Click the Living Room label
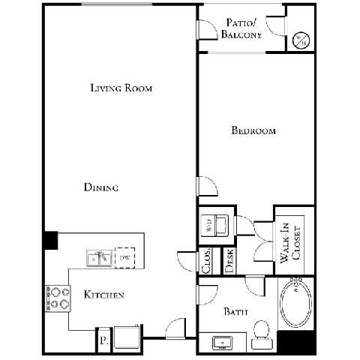pyautogui.click(x=121, y=88)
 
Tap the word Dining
pyautogui.click(x=100, y=187)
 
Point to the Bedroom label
pyautogui.click(x=253, y=130)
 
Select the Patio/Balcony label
pyautogui.click(x=243, y=28)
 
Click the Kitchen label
pyautogui.click(x=103, y=295)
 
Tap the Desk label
pyautogui.click(x=229, y=259)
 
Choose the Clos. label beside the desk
pyautogui.click(x=205, y=259)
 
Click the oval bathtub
pyautogui.click(x=295, y=305)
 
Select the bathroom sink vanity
pyautogui.click(x=223, y=342)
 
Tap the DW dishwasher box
pyautogui.click(x=124, y=258)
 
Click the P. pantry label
pyautogui.click(x=103, y=340)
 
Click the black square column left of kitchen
pyautogui.click(x=50, y=240)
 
